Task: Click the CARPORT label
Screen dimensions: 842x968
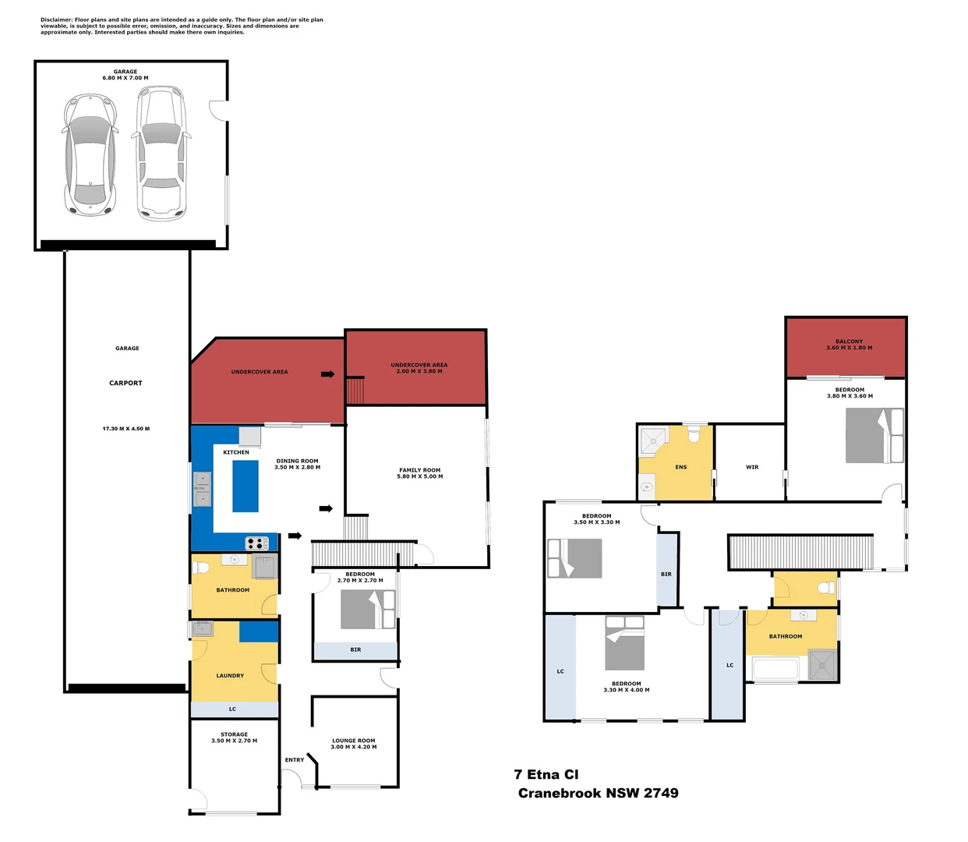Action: pyautogui.click(x=125, y=383)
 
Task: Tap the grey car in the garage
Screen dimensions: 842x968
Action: pyautogui.click(x=90, y=154)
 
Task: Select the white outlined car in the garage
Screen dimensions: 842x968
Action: pyautogui.click(x=161, y=154)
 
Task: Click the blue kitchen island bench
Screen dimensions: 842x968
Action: pyautogui.click(x=246, y=486)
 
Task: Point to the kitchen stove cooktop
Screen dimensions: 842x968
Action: pyautogui.click(x=257, y=543)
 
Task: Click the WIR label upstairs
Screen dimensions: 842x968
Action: pyautogui.click(x=751, y=467)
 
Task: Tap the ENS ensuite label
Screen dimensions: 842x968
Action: pyautogui.click(x=680, y=467)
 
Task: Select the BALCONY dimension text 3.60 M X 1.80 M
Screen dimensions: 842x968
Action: pyautogui.click(x=849, y=348)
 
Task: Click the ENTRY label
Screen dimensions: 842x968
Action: pyautogui.click(x=295, y=759)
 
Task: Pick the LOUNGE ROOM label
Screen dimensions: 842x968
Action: pyautogui.click(x=353, y=741)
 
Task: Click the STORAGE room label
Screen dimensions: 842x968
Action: pyautogui.click(x=234, y=734)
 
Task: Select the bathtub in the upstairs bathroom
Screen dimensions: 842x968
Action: pyautogui.click(x=775, y=669)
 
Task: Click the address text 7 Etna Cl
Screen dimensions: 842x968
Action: pyautogui.click(x=546, y=774)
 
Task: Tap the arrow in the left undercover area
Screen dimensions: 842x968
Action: pyautogui.click(x=327, y=374)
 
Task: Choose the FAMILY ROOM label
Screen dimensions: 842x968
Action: pyautogui.click(x=419, y=470)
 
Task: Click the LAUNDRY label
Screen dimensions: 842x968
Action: pyautogui.click(x=230, y=676)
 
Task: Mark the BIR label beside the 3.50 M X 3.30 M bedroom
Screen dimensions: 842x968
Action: pyautogui.click(x=666, y=574)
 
